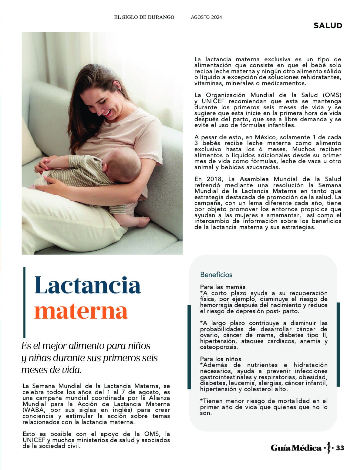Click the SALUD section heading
pos(328,25)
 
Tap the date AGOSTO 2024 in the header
pos(206,17)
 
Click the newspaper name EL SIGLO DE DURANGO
pos(144,17)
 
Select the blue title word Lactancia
pos(88,285)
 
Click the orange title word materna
pos(81,311)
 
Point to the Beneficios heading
pos(216,275)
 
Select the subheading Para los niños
pos(221,359)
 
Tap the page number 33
pos(340,448)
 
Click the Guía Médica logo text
pos(296,448)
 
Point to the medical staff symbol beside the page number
pos(329,448)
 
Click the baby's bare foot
pos(143,222)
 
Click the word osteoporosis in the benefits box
pos(219,347)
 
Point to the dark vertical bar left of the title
pos(25,302)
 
